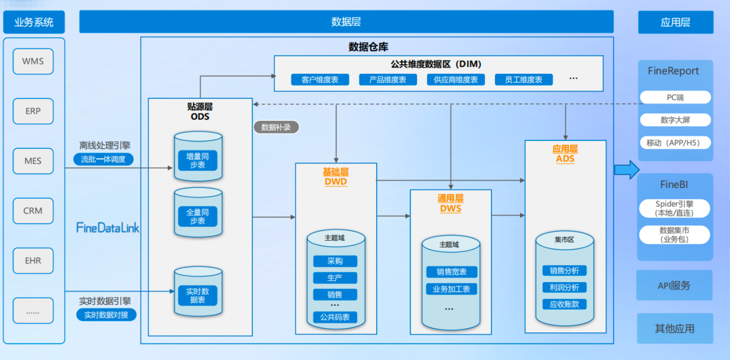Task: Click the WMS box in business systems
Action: (33, 62)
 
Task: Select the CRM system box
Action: (33, 211)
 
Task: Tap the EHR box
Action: (33, 261)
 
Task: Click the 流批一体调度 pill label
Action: (103, 159)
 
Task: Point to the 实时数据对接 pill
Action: (106, 314)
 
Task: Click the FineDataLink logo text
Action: (108, 228)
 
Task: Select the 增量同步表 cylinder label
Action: (198, 161)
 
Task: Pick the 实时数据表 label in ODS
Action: (198, 296)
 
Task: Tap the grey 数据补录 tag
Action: (276, 127)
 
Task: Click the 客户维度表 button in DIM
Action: (320, 79)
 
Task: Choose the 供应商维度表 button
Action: (456, 79)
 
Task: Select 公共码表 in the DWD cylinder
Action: (335, 317)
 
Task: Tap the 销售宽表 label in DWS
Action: (452, 272)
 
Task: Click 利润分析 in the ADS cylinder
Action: (564, 287)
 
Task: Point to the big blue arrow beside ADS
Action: (626, 170)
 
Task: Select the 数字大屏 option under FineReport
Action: (675, 120)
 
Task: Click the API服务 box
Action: (674, 285)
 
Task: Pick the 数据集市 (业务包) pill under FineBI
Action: (674, 235)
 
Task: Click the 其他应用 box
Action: (674, 329)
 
